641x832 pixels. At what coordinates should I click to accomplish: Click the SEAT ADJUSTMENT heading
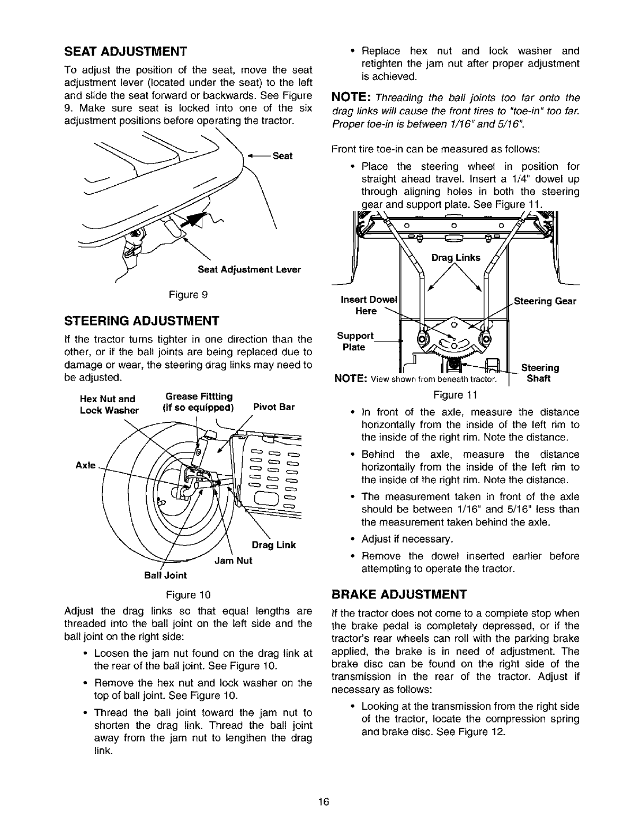125,52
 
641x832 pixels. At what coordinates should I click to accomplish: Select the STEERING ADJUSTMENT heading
141,321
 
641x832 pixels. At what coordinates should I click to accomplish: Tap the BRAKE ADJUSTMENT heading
399,593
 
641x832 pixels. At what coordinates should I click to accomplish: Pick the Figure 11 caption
455,395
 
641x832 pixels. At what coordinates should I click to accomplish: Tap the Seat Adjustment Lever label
249,269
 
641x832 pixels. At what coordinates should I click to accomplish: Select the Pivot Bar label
273,407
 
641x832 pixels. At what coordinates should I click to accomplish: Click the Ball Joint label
165,575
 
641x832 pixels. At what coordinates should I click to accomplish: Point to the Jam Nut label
233,560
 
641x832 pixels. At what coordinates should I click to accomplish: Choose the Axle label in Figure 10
86,465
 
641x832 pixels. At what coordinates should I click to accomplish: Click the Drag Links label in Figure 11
456,258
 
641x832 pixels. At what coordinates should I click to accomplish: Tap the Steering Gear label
545,302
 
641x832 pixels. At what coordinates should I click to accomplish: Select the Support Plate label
355,341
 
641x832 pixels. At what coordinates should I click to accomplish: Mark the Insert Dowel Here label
368,305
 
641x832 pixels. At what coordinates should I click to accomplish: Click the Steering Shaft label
540,373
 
